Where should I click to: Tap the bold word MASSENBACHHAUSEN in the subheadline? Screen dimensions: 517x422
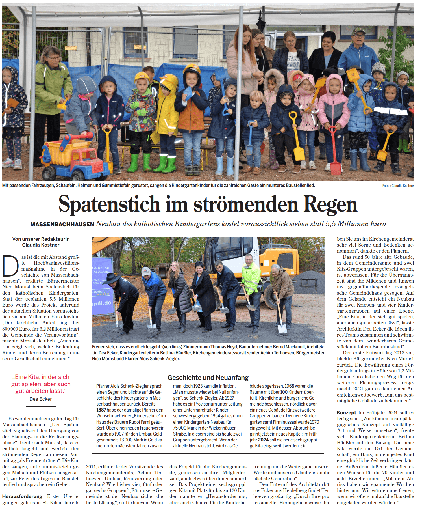coord(62,224)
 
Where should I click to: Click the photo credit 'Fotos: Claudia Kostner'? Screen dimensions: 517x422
coord(398,186)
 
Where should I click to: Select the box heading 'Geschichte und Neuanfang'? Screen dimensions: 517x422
coord(208,378)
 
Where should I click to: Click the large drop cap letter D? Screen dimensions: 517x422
coord(10,266)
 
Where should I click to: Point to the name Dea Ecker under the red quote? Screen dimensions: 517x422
coord(41,399)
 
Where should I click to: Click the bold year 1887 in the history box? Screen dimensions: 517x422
coord(101,410)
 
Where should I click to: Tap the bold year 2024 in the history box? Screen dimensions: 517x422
coord(263,440)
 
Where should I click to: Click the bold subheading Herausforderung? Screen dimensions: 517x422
coord(22,496)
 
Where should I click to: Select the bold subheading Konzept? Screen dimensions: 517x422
coord(346,413)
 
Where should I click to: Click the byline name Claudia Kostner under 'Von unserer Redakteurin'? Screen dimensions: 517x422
coord(41,245)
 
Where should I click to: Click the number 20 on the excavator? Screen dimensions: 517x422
coord(256,252)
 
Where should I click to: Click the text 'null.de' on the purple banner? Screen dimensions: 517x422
coord(102,303)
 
